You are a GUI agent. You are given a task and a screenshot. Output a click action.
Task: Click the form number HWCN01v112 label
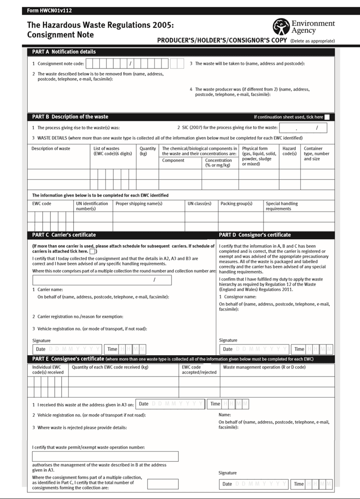(x=50, y=11)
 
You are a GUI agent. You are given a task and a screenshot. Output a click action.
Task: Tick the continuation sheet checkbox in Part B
(x=327, y=117)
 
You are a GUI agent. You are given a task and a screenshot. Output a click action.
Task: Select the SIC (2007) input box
(x=303, y=128)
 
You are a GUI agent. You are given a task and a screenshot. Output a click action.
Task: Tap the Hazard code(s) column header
(x=289, y=151)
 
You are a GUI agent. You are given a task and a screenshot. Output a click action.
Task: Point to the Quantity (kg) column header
(x=148, y=151)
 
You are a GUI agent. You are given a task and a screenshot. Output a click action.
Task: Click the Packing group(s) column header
(x=236, y=204)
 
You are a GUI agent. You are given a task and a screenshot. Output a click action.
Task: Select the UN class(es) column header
(x=199, y=204)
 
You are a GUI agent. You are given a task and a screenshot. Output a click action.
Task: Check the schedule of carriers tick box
(x=93, y=252)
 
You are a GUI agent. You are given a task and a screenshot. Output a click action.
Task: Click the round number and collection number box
(x=102, y=280)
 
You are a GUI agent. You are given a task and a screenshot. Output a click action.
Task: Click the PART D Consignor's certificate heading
(x=255, y=235)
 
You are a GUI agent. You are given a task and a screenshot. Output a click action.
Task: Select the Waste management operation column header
(x=264, y=367)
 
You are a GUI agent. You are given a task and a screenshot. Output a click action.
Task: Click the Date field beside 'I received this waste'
(x=170, y=404)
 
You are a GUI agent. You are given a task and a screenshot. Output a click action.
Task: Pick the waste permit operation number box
(x=105, y=456)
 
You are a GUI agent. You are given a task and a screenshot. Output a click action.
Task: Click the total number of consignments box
(x=163, y=484)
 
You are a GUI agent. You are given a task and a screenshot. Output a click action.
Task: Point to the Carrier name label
(x=50, y=290)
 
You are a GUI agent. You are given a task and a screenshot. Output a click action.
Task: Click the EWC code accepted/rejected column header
(x=199, y=370)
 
